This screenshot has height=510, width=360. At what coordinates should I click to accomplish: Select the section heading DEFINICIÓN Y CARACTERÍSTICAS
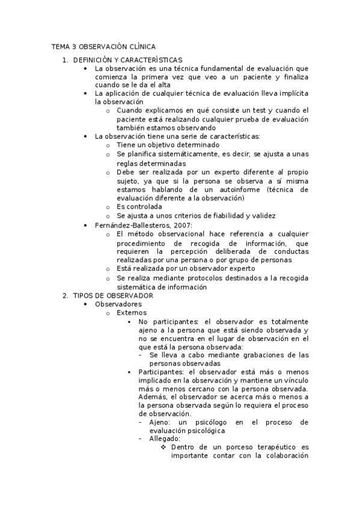click(x=127, y=60)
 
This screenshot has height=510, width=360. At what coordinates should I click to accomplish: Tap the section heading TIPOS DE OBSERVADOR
click(x=112, y=296)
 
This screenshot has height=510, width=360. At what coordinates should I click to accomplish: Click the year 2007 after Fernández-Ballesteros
click(x=182, y=225)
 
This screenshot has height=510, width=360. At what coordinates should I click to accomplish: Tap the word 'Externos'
click(x=131, y=313)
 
